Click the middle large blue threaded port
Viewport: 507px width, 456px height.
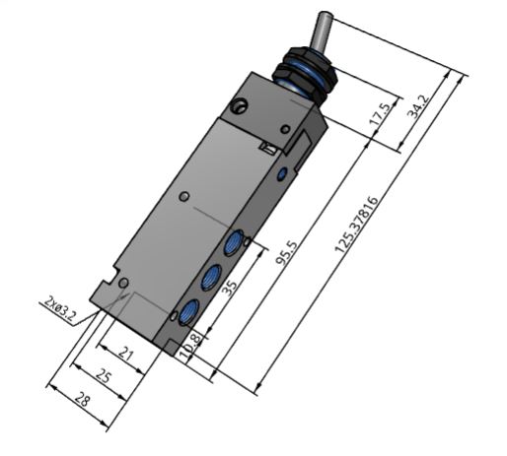point(210,277)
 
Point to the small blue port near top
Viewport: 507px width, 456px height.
point(284,173)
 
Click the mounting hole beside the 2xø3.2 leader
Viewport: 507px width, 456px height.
point(123,285)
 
